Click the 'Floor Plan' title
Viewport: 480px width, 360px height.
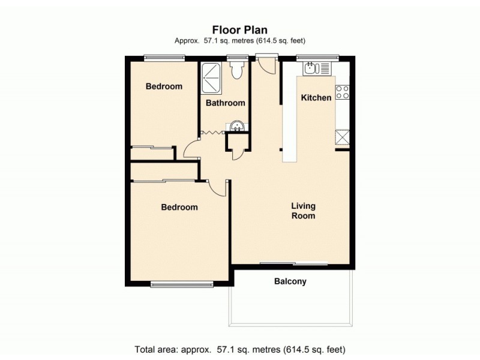point(240,30)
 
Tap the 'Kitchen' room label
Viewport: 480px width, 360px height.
point(316,98)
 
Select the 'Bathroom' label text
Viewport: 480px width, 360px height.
point(226,103)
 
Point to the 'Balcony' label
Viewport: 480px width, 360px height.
point(290,281)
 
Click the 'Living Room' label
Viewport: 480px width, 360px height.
point(303,211)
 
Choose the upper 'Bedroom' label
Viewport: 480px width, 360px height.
point(164,86)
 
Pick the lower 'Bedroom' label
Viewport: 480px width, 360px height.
point(179,208)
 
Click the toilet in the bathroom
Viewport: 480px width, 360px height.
point(238,70)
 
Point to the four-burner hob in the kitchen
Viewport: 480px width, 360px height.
point(343,92)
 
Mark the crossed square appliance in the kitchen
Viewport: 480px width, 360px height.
point(343,137)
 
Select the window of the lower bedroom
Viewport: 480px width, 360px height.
point(181,284)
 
